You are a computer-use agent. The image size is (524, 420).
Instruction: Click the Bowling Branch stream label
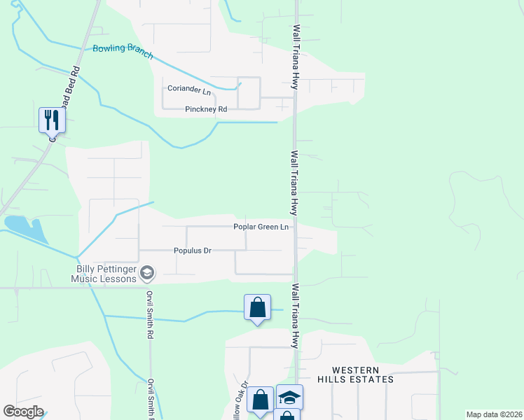123,52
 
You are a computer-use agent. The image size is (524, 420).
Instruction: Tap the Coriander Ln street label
188,90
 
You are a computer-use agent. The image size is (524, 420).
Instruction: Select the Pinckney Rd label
206,109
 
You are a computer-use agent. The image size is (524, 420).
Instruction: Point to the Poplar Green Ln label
261,227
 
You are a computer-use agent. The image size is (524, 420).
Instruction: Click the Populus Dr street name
192,251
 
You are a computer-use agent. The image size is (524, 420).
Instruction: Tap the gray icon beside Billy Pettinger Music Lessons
147,272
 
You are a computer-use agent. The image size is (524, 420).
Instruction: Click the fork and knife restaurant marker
52,120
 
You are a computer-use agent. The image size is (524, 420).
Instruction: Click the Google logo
24,412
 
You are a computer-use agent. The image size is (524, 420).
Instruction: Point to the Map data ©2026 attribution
494,414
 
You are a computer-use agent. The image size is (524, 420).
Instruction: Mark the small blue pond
24,227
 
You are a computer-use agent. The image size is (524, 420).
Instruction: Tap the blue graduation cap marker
289,397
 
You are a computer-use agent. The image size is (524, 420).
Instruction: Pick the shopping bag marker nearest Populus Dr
258,307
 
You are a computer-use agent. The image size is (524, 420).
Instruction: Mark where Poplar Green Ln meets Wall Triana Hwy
295,227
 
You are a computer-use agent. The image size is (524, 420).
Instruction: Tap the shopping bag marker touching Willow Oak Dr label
260,400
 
